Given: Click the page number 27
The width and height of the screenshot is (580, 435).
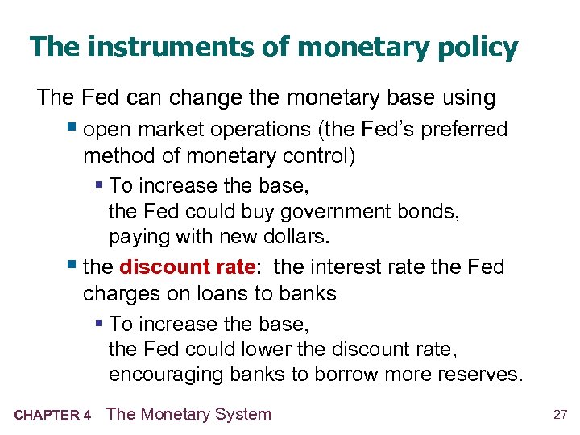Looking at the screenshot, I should click(560, 414).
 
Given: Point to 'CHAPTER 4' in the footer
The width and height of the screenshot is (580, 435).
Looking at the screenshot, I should click(52, 416).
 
